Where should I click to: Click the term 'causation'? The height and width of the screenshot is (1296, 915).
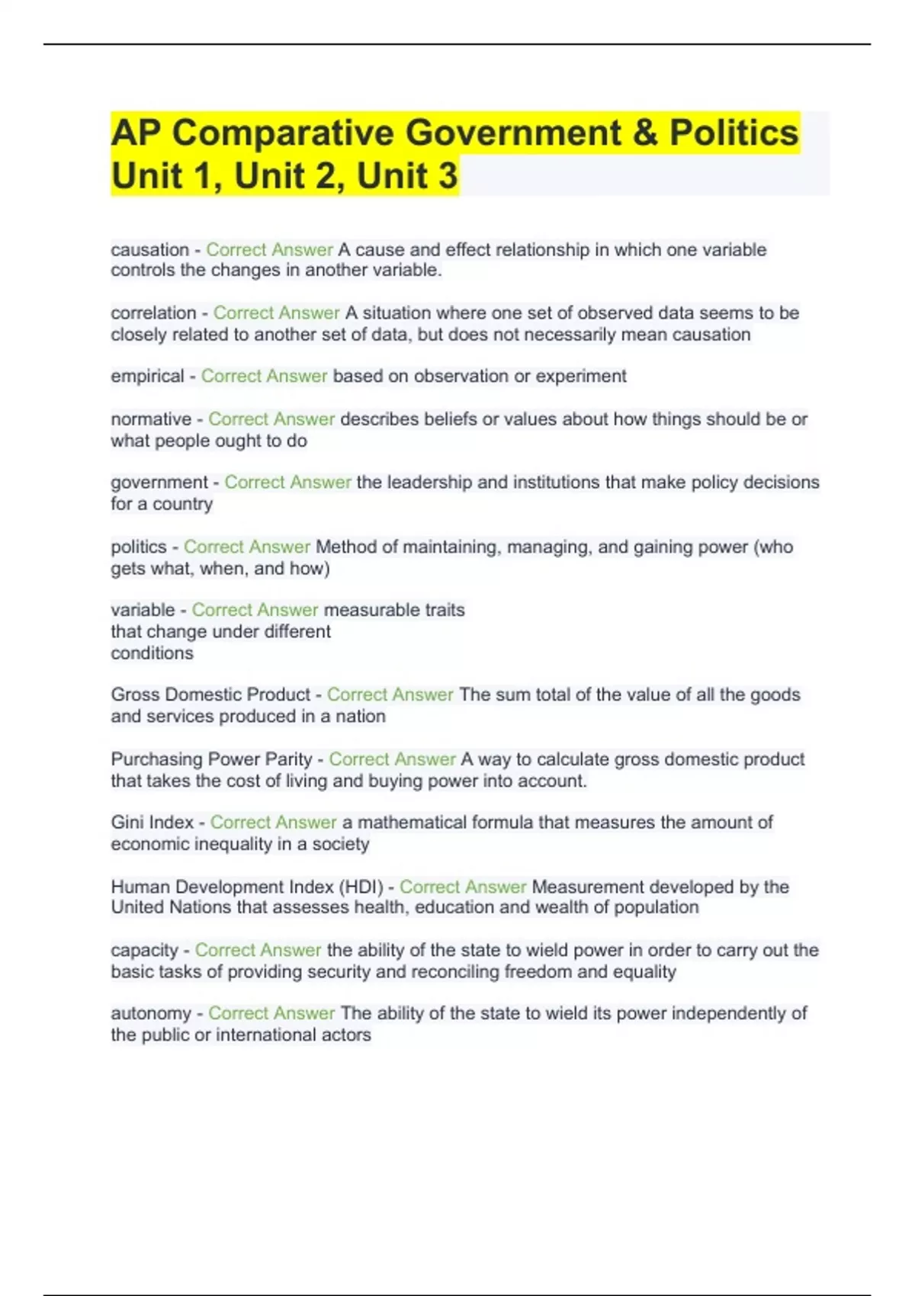tap(149, 250)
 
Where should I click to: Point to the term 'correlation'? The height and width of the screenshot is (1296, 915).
tap(153, 313)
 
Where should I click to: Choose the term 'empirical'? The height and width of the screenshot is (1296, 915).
tap(147, 377)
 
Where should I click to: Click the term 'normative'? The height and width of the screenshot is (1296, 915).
tap(151, 419)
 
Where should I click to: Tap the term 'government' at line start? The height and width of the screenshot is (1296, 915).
tap(159, 483)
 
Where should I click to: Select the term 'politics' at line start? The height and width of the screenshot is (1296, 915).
tap(138, 547)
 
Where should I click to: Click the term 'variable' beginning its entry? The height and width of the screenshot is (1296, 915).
tap(143, 610)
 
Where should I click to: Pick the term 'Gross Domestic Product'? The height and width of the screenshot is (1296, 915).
tap(210, 695)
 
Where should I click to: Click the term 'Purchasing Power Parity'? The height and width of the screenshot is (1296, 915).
tap(211, 759)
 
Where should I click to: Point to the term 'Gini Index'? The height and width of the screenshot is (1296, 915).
tap(152, 823)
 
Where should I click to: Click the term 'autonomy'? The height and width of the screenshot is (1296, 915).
tap(151, 1014)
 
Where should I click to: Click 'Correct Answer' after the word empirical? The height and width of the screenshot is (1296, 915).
tap(264, 377)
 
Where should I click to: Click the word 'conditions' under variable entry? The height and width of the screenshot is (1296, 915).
tap(152, 653)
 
